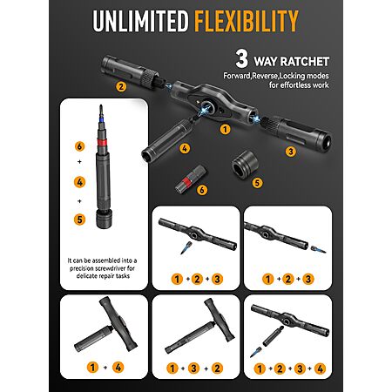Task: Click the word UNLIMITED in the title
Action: click(140, 21)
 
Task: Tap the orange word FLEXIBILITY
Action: click(247, 21)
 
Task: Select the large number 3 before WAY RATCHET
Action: click(241, 58)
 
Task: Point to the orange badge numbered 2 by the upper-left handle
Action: click(121, 86)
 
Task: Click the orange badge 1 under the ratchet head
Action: click(225, 129)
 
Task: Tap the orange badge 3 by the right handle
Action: click(291, 151)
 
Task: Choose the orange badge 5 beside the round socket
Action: click(257, 183)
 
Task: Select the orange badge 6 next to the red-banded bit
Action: click(202, 190)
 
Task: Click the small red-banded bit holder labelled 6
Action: click(187, 181)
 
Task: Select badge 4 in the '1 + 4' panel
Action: click(118, 368)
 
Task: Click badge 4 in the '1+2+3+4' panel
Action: click(320, 368)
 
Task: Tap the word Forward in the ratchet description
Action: click(237, 76)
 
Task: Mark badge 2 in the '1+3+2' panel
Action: click(217, 368)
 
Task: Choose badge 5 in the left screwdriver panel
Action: click(79, 220)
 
